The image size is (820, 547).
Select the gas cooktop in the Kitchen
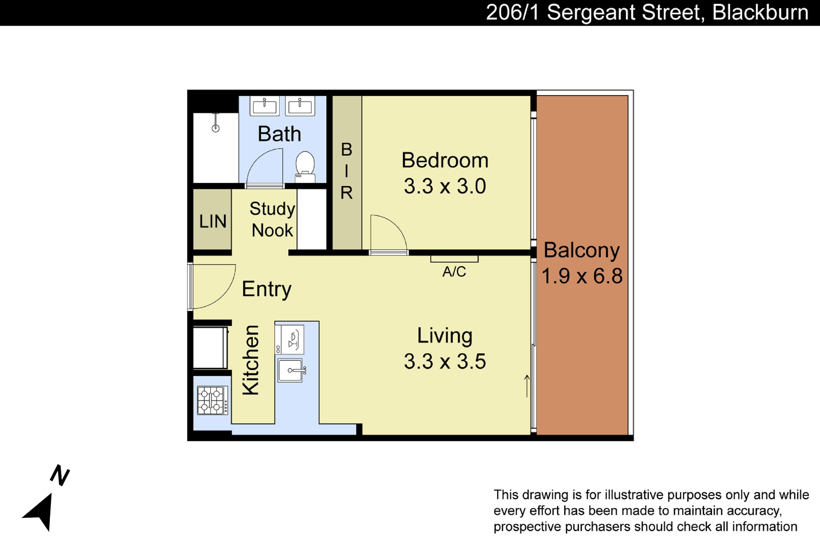[213, 400]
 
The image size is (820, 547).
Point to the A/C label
[454, 271]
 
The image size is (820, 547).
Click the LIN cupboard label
[213, 221]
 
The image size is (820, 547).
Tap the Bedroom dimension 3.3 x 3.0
[445, 186]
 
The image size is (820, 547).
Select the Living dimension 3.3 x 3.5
[445, 361]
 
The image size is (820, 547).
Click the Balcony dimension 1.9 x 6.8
[582, 276]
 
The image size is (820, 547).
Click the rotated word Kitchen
[251, 360]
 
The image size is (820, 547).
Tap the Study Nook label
[272, 219]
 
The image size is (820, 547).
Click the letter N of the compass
[60, 475]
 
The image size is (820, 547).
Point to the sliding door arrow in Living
[527, 386]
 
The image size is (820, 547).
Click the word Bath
[279, 134]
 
